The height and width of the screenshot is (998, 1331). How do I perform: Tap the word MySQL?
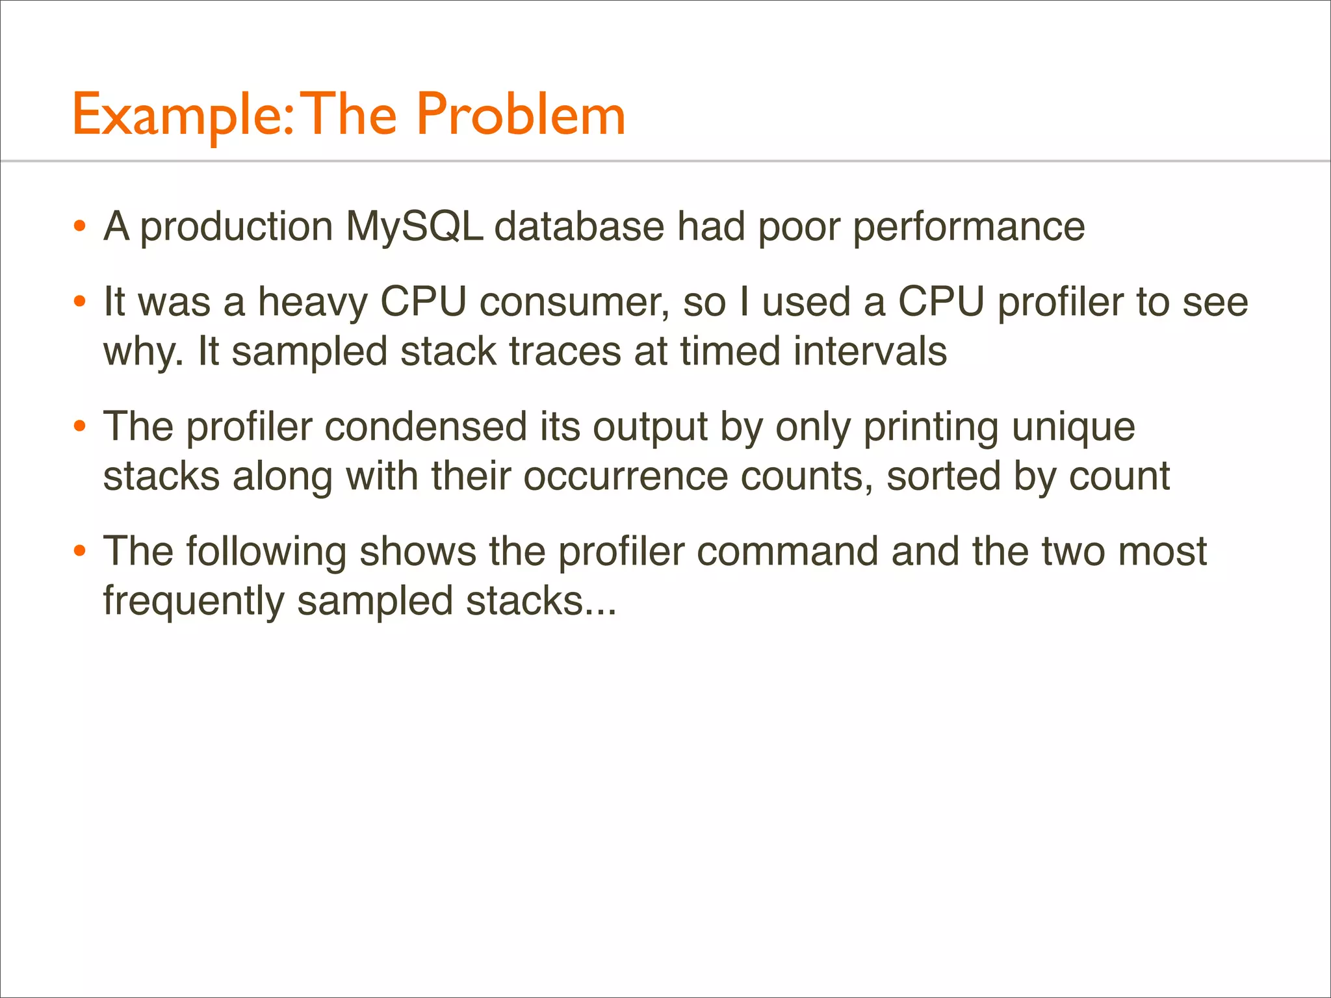[x=414, y=227]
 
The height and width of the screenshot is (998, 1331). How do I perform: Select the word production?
[x=237, y=228]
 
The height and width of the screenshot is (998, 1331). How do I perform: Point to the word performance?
[x=968, y=228]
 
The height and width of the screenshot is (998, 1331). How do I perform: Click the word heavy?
[x=313, y=303]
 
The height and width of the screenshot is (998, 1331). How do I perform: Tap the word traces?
[x=565, y=352]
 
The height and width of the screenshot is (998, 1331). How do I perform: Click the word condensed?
[x=426, y=428]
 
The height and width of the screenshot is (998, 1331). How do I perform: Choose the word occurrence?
[x=626, y=476]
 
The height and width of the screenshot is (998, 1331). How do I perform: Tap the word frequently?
[x=194, y=602]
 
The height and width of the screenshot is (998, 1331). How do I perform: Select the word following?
[x=266, y=553]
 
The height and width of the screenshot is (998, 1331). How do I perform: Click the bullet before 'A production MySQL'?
[x=80, y=227]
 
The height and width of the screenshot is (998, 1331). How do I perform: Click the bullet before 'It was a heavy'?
[x=80, y=303]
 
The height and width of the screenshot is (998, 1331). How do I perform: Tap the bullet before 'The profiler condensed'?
[x=80, y=427]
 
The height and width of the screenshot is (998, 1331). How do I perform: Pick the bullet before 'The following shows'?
[x=80, y=552]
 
